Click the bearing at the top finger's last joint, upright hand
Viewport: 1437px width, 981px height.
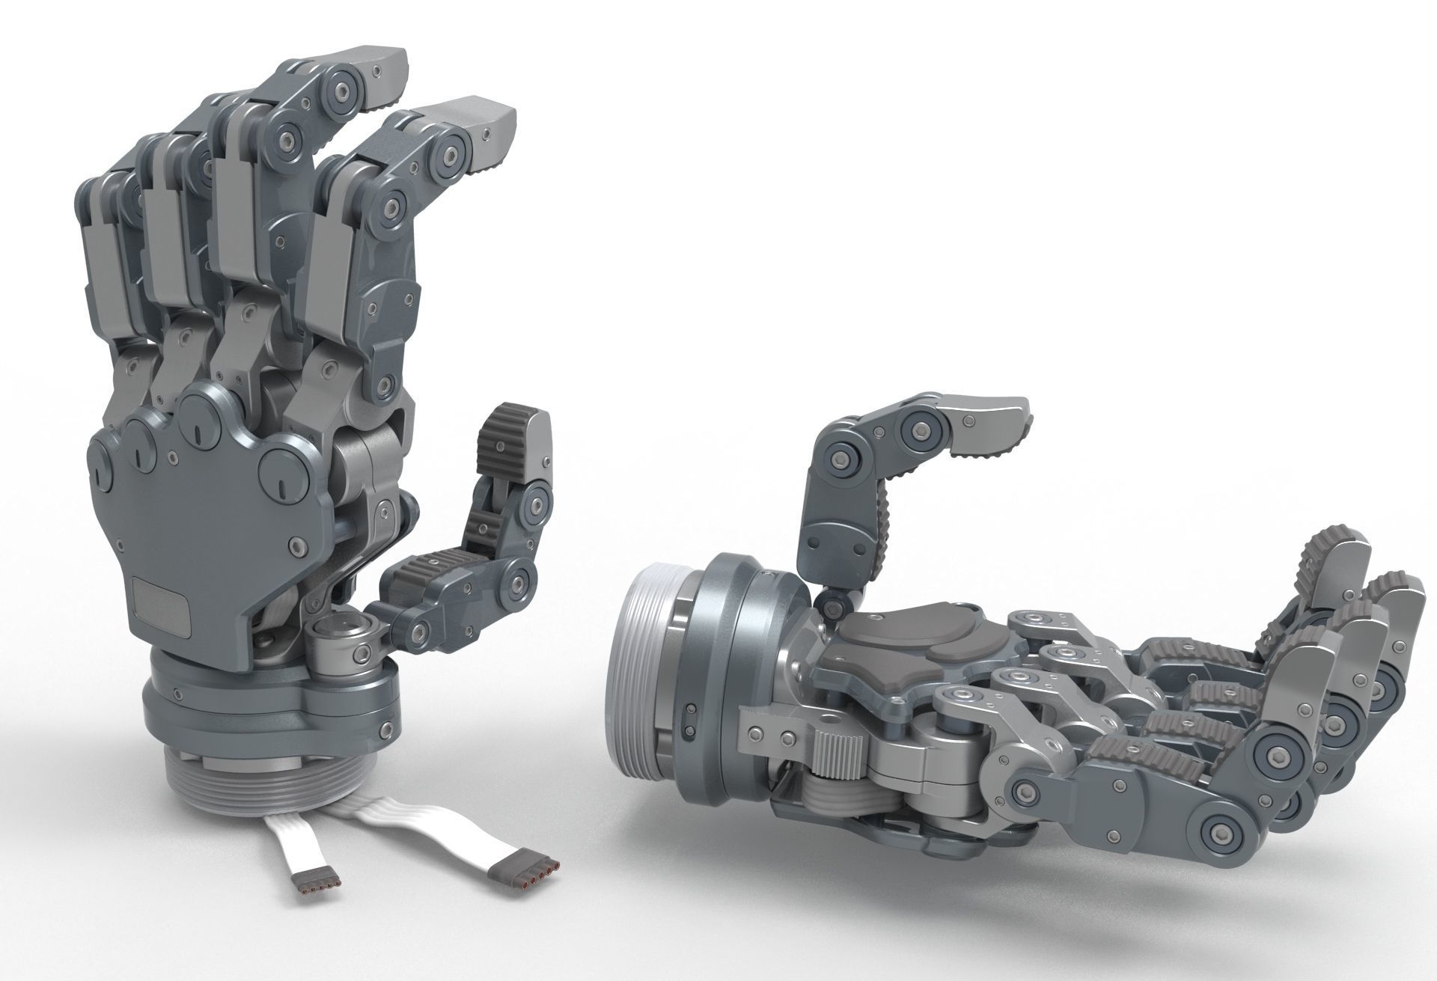click(x=345, y=89)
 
